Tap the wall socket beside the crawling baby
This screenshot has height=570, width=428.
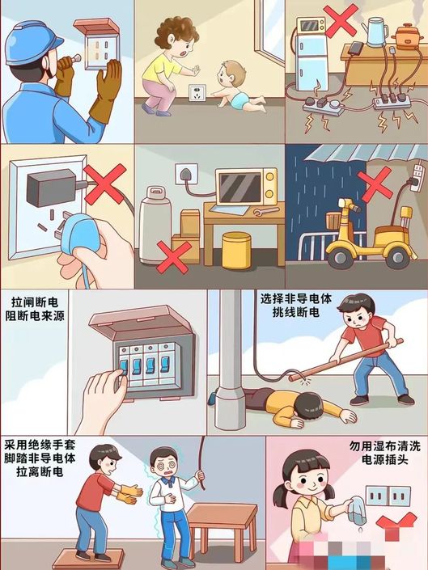[x=197, y=94]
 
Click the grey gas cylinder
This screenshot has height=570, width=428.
[x=155, y=225]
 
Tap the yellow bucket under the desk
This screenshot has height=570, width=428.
[x=236, y=251]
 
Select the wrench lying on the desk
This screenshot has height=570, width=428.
[x=266, y=211]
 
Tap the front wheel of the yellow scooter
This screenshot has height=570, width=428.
[x=341, y=256]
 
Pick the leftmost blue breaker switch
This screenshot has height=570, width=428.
[x=124, y=367]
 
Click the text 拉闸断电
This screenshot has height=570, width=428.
[x=35, y=302]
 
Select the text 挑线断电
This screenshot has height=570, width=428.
[x=296, y=312]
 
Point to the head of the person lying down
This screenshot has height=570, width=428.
[x=307, y=407]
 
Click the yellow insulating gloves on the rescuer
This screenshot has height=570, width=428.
[x=131, y=493]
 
